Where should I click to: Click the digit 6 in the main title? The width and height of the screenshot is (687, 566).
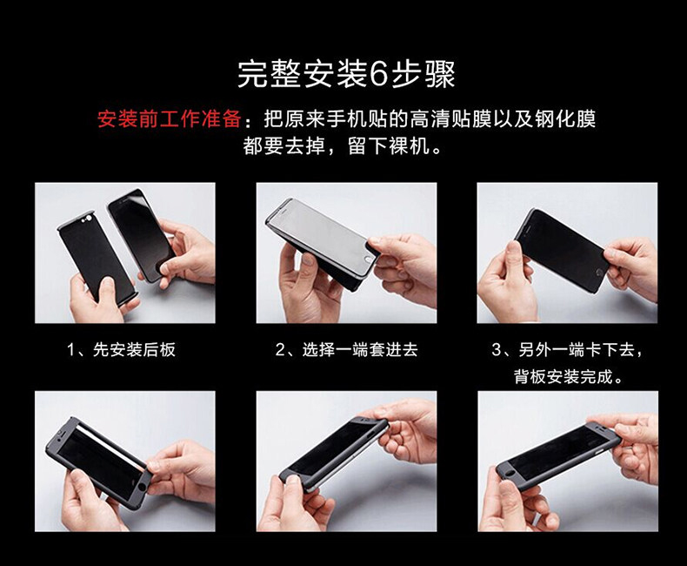point(379,74)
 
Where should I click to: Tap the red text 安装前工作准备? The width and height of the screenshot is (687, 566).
point(169,119)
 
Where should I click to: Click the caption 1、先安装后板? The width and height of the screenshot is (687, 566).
point(122,350)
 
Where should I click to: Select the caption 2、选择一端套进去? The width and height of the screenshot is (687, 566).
point(347,350)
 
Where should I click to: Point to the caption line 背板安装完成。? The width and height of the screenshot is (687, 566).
point(568,376)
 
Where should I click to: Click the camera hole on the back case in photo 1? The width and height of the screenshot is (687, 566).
point(90,219)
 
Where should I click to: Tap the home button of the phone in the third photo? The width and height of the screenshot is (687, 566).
point(599,273)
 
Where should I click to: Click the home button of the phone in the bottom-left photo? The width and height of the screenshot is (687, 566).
point(142,488)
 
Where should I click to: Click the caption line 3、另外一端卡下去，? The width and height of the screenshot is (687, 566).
point(567,350)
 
